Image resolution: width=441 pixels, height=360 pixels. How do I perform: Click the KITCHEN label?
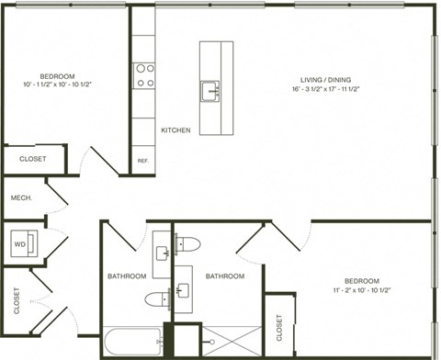[175, 130]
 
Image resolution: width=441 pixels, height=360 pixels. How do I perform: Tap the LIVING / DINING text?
[331, 78]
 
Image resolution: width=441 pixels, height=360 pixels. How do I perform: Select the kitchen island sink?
[211, 90]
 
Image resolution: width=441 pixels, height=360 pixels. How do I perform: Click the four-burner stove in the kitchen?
[144, 74]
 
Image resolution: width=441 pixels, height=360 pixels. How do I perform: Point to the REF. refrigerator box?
[142, 161]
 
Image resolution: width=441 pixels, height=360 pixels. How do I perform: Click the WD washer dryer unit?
[19, 244]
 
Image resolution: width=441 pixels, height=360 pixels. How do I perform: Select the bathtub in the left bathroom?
[134, 343]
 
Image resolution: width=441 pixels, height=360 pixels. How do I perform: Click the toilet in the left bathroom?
[159, 298]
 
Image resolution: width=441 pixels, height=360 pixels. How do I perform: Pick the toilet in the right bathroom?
[189, 244]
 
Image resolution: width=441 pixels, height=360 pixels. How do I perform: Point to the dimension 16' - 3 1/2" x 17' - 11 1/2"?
[331, 89]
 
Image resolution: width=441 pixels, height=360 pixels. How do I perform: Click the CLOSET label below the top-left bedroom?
[32, 159]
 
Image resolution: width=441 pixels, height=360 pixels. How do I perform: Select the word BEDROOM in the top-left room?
[57, 75]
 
